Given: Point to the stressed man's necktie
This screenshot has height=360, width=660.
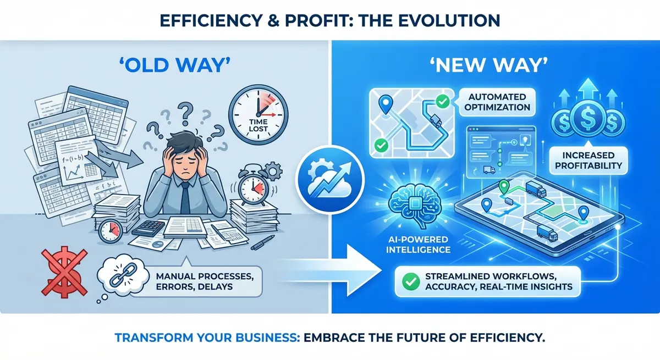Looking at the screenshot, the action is tap(185, 198).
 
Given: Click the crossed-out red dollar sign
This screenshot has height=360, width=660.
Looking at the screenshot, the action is tap(64, 271).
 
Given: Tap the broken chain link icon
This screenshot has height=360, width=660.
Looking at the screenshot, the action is tap(122, 275).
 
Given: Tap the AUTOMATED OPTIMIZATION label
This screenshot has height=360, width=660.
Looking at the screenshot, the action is tap(497, 102).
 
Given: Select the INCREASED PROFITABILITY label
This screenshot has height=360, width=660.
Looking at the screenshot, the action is tap(588, 160).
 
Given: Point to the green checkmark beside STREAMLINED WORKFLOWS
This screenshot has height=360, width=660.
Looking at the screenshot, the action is tap(411, 281).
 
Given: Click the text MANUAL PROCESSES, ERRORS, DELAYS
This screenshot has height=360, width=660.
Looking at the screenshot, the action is tap(205, 281).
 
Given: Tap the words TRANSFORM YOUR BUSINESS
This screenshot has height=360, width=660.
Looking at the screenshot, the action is tap(207, 337).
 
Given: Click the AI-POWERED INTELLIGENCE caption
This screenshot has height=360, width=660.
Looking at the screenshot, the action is tap(418, 245).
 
